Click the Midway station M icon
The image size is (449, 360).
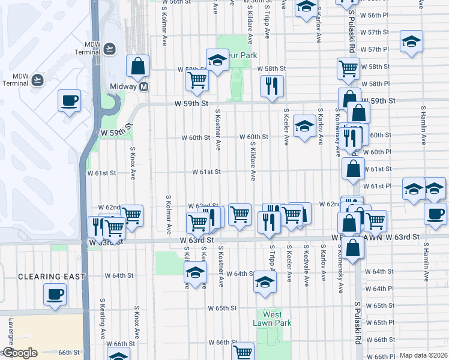point(143,86)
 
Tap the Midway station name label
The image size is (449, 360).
point(124,86)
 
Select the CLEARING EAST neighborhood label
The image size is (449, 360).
point(51,277)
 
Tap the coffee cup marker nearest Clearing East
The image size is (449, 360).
point(55,294)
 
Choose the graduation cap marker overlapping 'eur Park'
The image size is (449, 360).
point(217,59)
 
